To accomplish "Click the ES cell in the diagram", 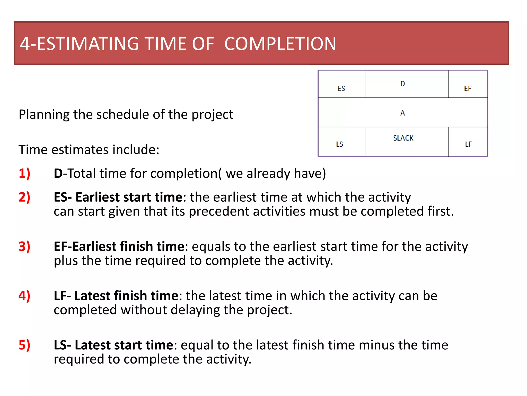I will pyautogui.click(x=341, y=88).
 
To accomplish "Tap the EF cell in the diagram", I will pyautogui.click(x=468, y=88).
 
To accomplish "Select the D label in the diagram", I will pyautogui.click(x=403, y=84).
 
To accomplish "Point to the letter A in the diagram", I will pyautogui.click(x=403, y=113).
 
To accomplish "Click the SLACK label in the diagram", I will pyautogui.click(x=403, y=138).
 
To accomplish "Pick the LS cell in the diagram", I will pyautogui.click(x=340, y=144).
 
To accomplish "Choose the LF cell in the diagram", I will pyautogui.click(x=468, y=144).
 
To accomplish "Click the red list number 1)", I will pyautogui.click(x=24, y=173).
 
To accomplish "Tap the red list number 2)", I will pyautogui.click(x=24, y=197).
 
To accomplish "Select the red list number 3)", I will pyautogui.click(x=24, y=246).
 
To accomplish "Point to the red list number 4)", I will pyautogui.click(x=24, y=296).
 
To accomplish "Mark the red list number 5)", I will pyautogui.click(x=24, y=345).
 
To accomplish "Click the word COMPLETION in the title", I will pyautogui.click(x=280, y=44).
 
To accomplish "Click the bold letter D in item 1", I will pyautogui.click(x=58, y=173).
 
